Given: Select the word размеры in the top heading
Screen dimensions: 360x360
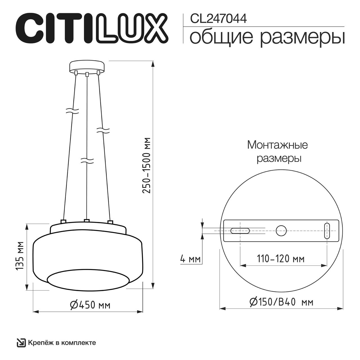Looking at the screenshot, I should click(x=302, y=37).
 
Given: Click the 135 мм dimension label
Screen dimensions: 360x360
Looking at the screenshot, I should click(x=19, y=256).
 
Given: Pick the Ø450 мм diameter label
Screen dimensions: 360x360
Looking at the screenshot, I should click(x=90, y=304).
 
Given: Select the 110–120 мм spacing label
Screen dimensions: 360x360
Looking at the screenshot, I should click(x=280, y=258).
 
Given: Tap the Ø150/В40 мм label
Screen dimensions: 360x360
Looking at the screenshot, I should click(x=281, y=302).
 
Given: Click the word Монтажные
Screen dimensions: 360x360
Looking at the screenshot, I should click(x=277, y=145).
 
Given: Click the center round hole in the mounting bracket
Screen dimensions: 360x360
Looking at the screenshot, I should click(x=281, y=231).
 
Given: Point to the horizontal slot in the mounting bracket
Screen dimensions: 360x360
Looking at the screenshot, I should click(x=240, y=231).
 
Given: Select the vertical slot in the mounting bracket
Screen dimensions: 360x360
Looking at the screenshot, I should click(x=327, y=231).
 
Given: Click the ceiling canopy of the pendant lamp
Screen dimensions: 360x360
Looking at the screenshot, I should click(x=87, y=66).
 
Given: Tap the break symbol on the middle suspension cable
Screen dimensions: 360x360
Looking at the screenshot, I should click(x=87, y=161).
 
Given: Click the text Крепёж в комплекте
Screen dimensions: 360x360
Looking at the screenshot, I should click(x=62, y=343).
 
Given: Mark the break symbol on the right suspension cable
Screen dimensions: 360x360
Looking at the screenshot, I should click(x=103, y=130).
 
